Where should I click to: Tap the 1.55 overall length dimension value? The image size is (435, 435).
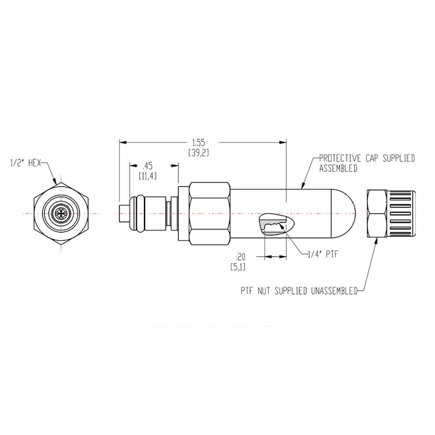click(x=198, y=142)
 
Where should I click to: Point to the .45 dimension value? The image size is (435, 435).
click(x=148, y=164)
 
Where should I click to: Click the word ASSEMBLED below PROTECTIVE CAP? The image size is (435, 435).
click(x=338, y=168)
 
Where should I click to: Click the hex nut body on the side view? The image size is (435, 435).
click(x=209, y=213)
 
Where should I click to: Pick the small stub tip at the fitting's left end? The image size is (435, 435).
click(x=122, y=213)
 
